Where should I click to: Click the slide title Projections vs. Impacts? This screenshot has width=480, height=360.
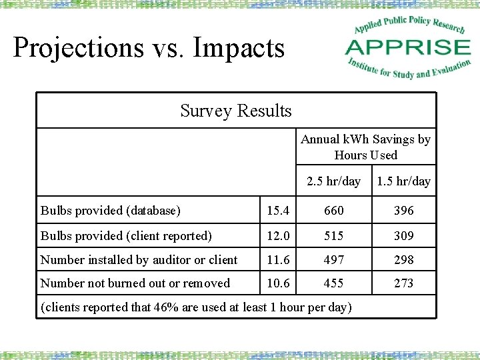click(x=149, y=48)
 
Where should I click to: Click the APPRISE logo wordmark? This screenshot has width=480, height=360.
click(x=408, y=47)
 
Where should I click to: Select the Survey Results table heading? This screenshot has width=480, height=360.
click(x=236, y=111)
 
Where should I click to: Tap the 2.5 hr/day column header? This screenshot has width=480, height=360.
click(x=333, y=181)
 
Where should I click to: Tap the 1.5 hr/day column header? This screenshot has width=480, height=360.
click(x=403, y=181)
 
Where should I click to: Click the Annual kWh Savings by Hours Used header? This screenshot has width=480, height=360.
click(x=365, y=147)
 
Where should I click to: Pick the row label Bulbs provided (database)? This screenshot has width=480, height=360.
click(x=111, y=211)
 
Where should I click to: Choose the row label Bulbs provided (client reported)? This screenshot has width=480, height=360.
click(x=127, y=236)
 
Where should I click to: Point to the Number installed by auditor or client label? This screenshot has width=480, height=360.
click(x=139, y=260)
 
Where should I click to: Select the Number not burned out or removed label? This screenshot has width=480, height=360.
click(x=135, y=283)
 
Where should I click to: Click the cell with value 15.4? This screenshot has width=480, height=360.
click(x=278, y=211)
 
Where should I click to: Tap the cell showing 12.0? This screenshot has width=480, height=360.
click(x=278, y=236)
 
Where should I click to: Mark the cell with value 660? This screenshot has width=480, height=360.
click(x=333, y=211)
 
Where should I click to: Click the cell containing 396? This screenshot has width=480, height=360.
click(x=403, y=211)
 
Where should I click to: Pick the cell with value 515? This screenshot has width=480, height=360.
click(x=333, y=236)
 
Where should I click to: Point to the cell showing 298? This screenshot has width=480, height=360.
click(x=403, y=260)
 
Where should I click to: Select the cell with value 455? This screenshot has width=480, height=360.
click(x=333, y=283)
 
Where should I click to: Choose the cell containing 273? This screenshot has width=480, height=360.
click(x=403, y=283)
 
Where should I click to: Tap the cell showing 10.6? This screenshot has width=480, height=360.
click(x=278, y=283)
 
